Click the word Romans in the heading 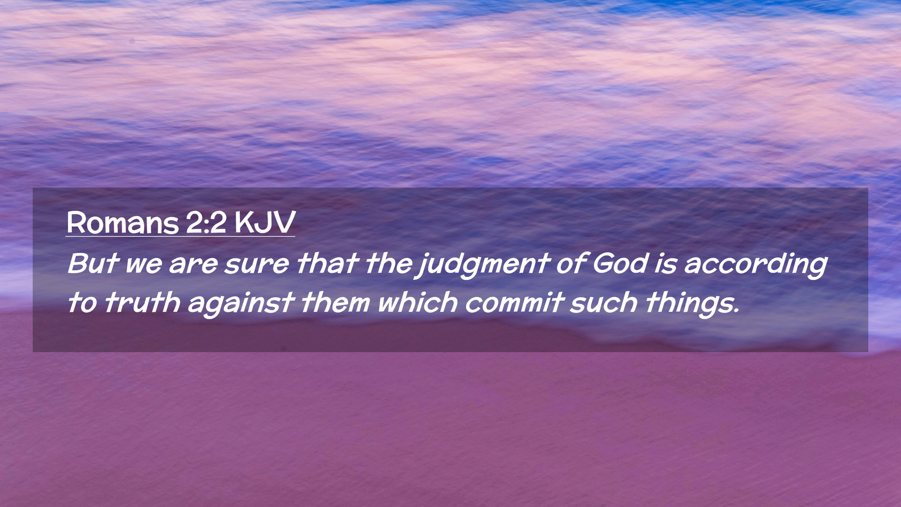123,223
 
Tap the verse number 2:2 206,223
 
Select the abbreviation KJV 265,223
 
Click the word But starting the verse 92,263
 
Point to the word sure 257,264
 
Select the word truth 142,302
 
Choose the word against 241,304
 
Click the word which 417,302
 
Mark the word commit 513,302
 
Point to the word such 603,302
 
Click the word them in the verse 336,302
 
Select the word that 328,263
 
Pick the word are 193,264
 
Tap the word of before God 571,263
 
